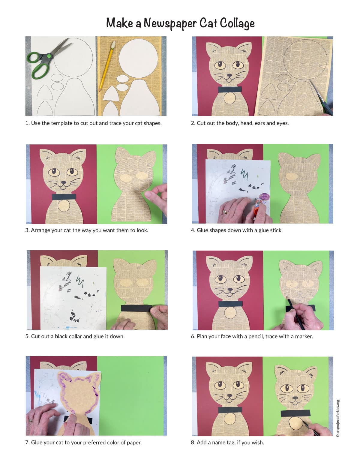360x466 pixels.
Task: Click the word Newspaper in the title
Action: tap(170, 23)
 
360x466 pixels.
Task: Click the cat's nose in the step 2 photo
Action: tap(229, 75)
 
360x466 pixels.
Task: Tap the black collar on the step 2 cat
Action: tap(230, 89)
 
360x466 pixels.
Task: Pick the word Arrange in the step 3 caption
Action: tap(39, 230)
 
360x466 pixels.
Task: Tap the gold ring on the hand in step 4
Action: tap(225, 212)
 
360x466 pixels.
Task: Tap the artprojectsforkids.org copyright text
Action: tap(338, 419)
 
